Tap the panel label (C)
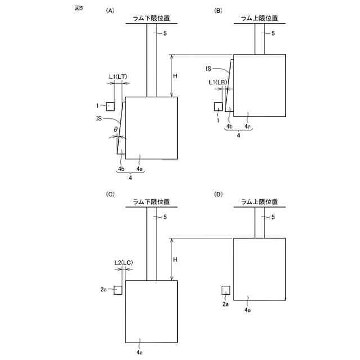coord(110,194)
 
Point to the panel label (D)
coord(219,194)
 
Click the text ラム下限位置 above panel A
coord(151,18)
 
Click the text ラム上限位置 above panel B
coord(260,18)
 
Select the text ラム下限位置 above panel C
coord(151,201)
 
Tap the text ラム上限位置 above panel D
coord(260,201)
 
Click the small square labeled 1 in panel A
coord(110,106)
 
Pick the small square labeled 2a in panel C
coord(118,290)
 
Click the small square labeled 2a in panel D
coord(226,290)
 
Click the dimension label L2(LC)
coord(123,262)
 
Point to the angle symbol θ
coord(115,129)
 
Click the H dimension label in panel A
coord(175,76)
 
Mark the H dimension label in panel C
coord(175,259)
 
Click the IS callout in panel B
coord(208,68)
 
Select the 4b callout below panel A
coord(121,169)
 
